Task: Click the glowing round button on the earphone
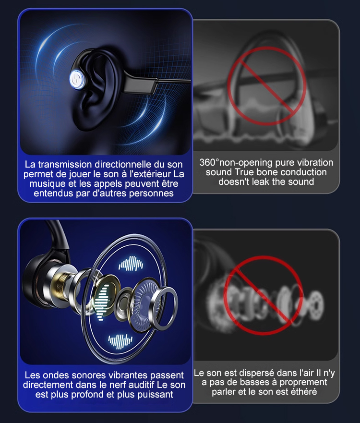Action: (x=78, y=79)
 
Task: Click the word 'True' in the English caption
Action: (x=243, y=172)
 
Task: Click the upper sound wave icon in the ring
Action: (x=131, y=264)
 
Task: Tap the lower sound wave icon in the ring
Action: (x=120, y=341)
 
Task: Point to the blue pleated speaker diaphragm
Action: (x=145, y=302)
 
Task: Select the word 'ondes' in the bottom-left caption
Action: (x=56, y=375)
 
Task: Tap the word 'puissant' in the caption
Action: (x=155, y=394)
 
